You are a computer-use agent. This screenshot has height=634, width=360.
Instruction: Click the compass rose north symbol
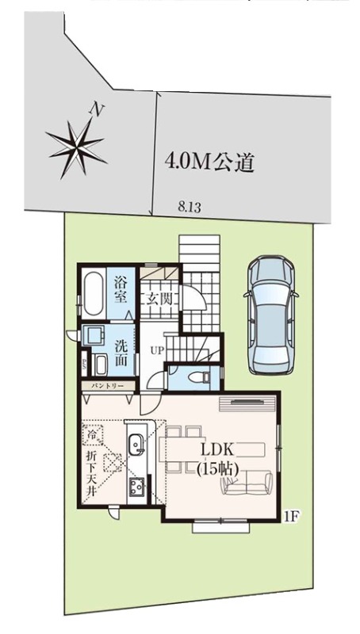click(77, 146)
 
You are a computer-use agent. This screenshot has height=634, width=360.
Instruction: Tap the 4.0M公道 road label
click(209, 162)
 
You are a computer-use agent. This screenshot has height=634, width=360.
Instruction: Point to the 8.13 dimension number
click(190, 208)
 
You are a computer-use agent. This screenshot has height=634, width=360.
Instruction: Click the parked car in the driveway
click(271, 314)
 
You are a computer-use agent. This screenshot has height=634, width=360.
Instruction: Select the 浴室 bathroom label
click(121, 290)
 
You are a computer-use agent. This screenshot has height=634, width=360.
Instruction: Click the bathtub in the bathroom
click(93, 293)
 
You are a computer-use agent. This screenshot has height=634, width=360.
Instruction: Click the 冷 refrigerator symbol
click(93, 434)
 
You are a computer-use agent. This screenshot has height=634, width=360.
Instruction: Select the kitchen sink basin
click(136, 444)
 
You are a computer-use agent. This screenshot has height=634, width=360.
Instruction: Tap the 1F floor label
click(291, 517)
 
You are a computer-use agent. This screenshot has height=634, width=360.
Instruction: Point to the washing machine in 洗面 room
click(92, 335)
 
